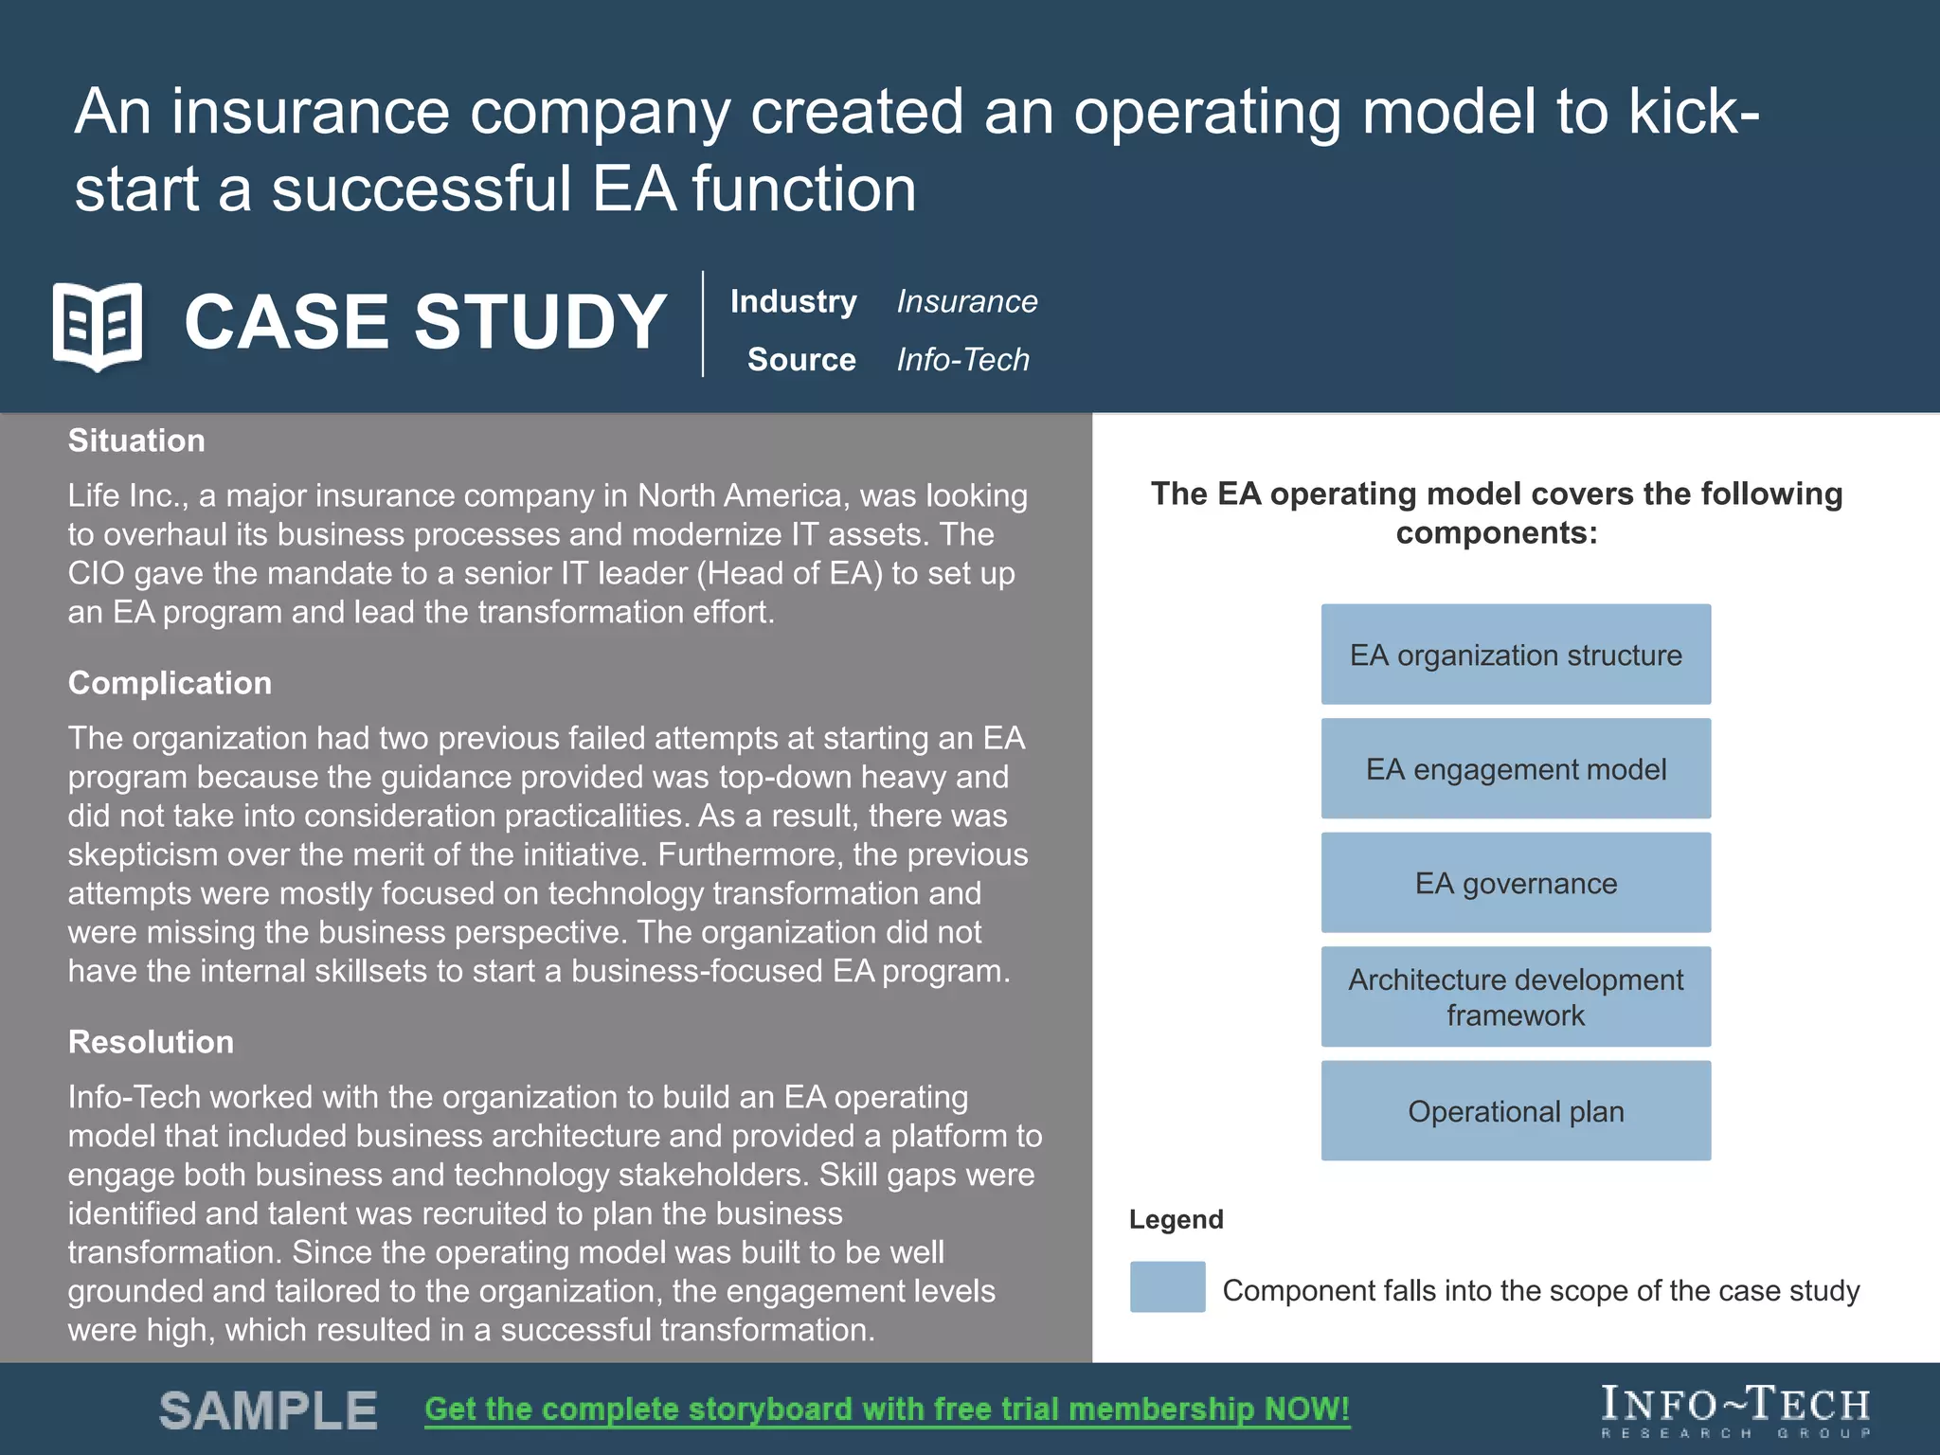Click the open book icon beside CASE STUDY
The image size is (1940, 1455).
click(x=98, y=325)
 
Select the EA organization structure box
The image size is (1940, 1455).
click(x=1516, y=655)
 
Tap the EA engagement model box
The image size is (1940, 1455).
click(x=1516, y=768)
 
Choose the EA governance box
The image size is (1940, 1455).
click(x=1516, y=883)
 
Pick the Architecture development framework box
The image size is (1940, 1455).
click(x=1516, y=997)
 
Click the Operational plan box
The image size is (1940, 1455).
click(x=1516, y=1110)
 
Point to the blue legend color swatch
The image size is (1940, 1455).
click(x=1167, y=1286)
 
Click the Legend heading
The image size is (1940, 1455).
click(x=1176, y=1219)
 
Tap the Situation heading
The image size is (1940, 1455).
click(x=136, y=440)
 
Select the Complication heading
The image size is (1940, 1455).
click(x=170, y=683)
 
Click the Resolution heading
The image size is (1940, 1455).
click(x=151, y=1042)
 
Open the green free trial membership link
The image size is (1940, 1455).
click(x=887, y=1410)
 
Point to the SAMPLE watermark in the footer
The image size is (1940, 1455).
click(x=268, y=1410)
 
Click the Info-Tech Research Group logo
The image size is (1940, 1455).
click(x=1735, y=1411)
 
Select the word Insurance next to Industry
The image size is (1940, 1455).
click(x=966, y=301)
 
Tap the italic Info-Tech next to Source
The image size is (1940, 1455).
click(x=962, y=360)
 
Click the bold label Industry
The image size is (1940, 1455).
click(x=793, y=301)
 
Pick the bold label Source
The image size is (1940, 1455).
click(x=801, y=360)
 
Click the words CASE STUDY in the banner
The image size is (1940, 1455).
click(x=425, y=322)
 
